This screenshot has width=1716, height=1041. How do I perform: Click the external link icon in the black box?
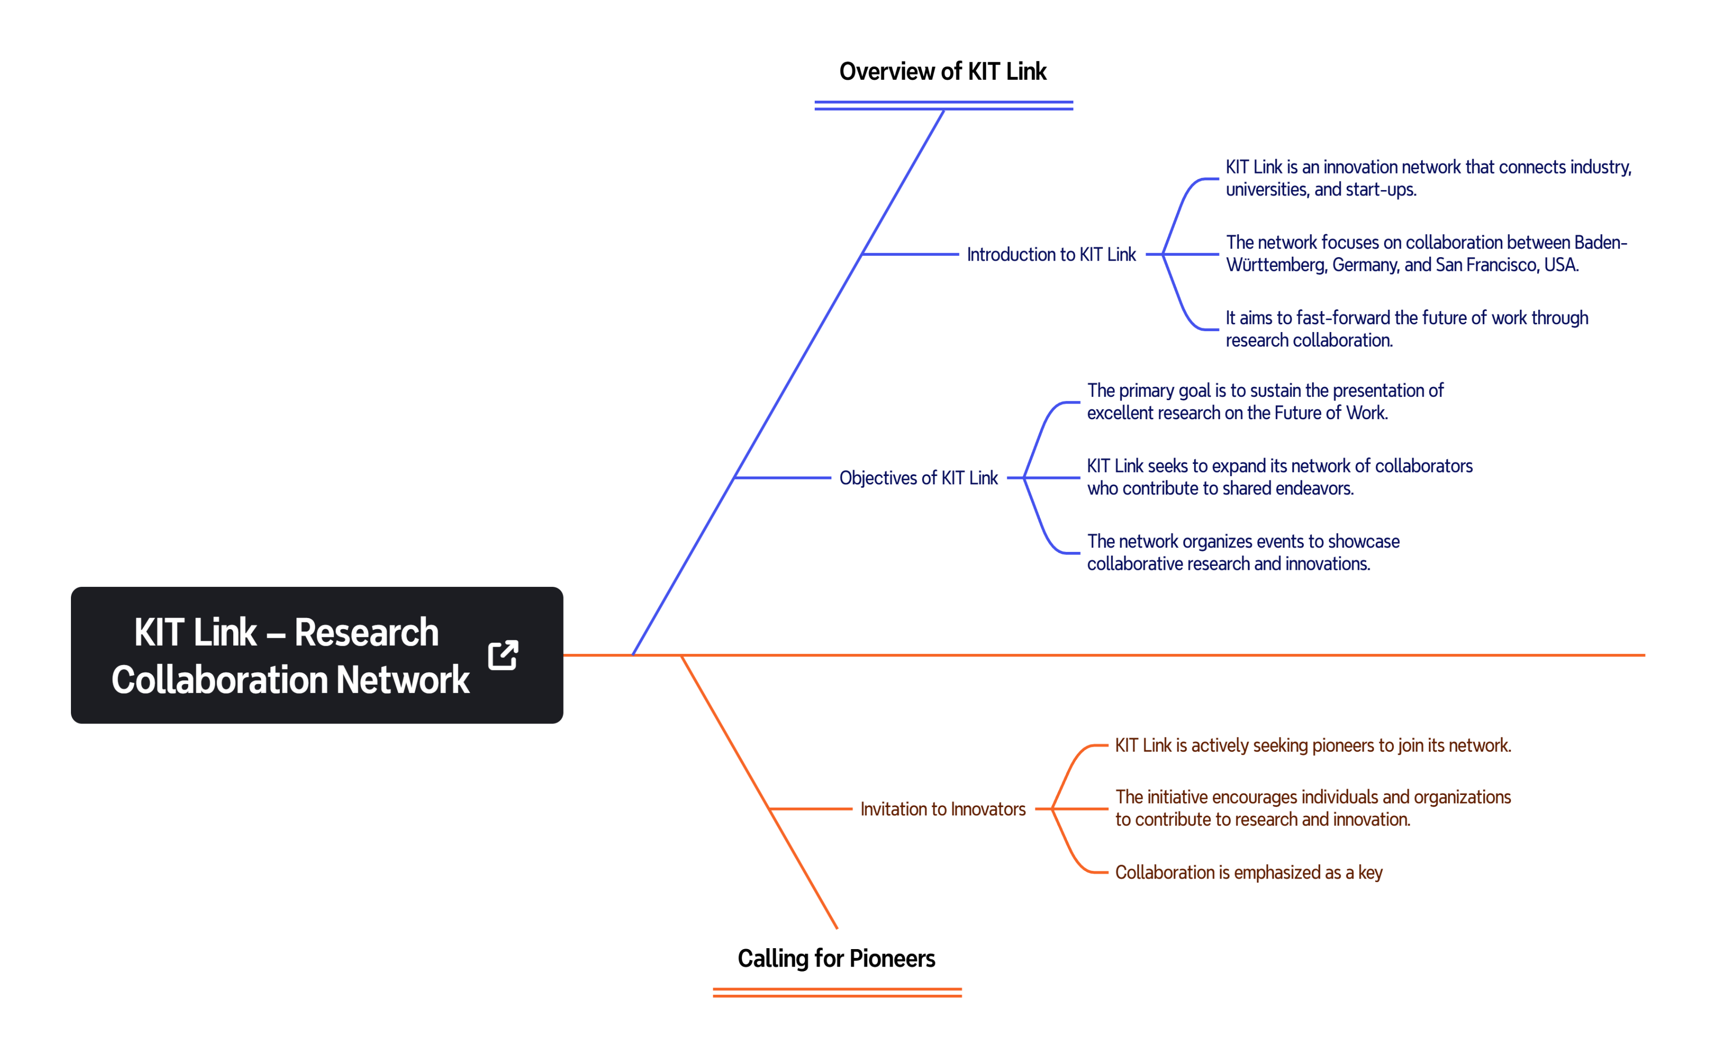pyautogui.click(x=503, y=655)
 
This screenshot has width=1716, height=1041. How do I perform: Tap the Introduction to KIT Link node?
pyautogui.click(x=1051, y=254)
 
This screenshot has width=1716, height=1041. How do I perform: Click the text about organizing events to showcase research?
pyautogui.click(x=1243, y=552)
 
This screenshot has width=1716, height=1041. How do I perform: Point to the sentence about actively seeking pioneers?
pyautogui.click(x=1313, y=745)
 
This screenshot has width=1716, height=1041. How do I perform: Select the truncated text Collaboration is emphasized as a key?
pyautogui.click(x=1249, y=872)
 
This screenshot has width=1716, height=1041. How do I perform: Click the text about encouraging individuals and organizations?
pyautogui.click(x=1313, y=808)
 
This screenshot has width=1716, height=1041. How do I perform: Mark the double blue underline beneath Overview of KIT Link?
pyautogui.click(x=944, y=105)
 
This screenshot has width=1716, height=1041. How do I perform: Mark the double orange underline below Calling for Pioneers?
pyautogui.click(x=837, y=992)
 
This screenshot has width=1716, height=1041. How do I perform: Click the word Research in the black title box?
pyautogui.click(x=366, y=632)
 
